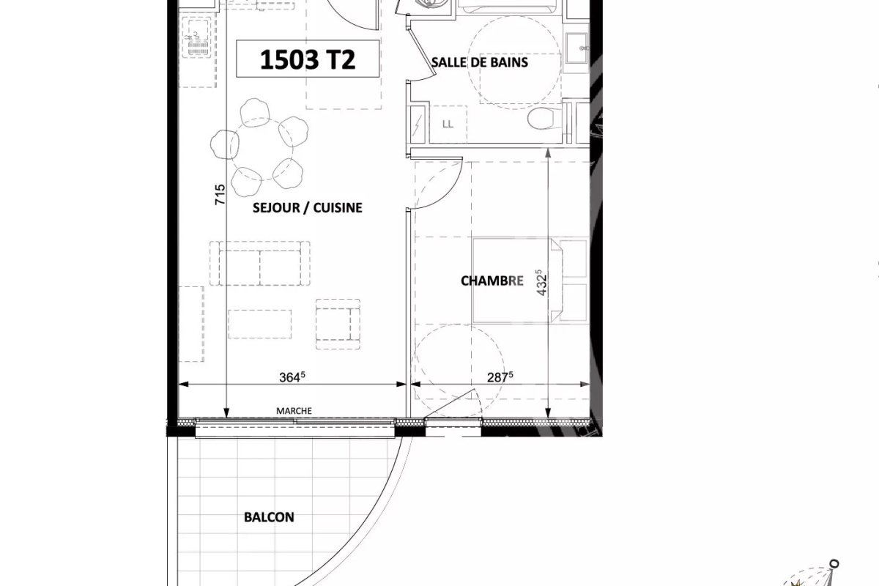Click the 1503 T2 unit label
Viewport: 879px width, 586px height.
point(308,60)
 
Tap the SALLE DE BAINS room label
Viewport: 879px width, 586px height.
point(480,62)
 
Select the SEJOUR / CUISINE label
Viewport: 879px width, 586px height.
point(308,208)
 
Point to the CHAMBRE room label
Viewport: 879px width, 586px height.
point(492,281)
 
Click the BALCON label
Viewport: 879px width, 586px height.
point(269,517)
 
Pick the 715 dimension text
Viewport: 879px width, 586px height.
point(220,195)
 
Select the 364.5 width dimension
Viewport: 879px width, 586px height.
point(292,377)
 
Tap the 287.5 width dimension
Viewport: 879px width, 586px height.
point(500,377)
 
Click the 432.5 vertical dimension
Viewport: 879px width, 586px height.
point(542,281)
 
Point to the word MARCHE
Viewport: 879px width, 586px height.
point(294,411)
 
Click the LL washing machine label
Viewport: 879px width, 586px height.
point(448,124)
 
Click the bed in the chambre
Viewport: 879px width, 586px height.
point(529,279)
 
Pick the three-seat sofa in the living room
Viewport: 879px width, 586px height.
point(259,263)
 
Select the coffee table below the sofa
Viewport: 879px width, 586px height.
point(259,324)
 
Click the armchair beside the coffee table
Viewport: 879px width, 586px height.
point(338,323)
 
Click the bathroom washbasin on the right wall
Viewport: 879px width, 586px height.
point(579,50)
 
